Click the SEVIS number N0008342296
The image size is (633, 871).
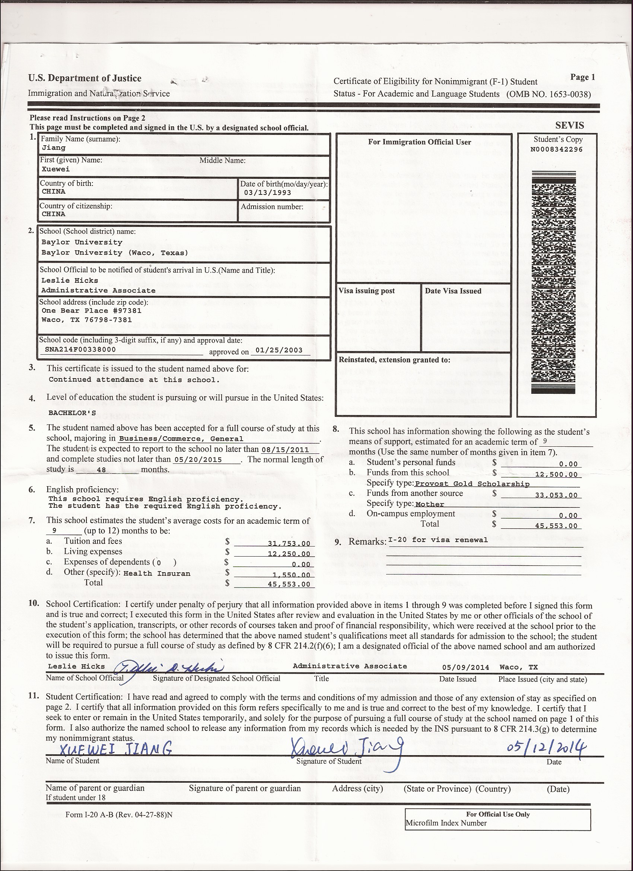coord(556,149)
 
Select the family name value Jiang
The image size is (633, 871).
coord(53,148)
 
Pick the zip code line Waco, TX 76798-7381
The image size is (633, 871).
coord(87,320)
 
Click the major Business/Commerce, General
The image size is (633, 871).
coord(181,439)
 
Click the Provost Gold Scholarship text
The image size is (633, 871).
coord(472,484)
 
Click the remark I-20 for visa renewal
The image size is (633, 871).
coord(438,540)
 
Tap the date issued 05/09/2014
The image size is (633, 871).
coord(466,668)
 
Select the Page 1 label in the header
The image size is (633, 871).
coord(582,77)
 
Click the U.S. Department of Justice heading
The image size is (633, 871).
coord(85,79)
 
